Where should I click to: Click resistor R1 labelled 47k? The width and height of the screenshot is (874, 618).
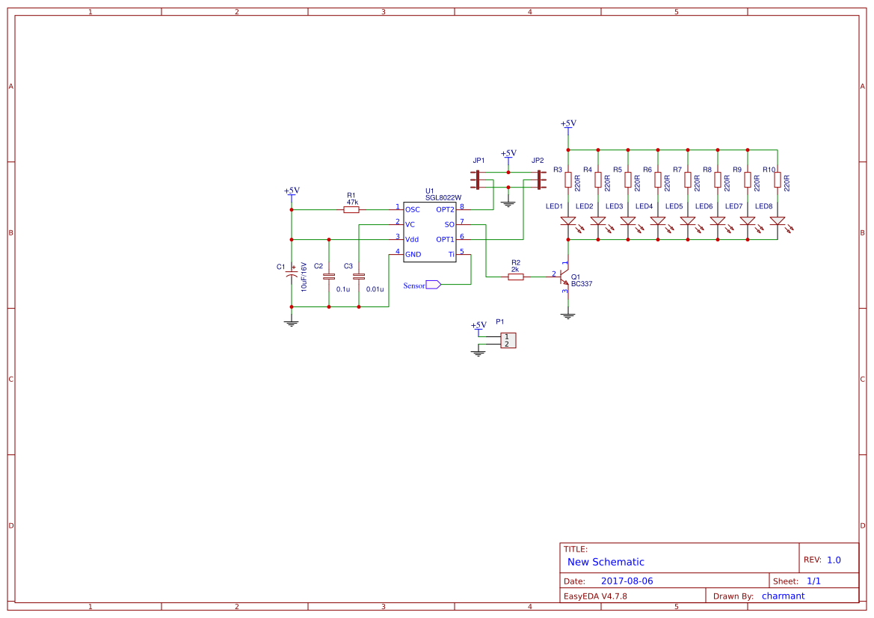click(351, 210)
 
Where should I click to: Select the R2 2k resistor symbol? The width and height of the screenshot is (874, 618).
click(516, 276)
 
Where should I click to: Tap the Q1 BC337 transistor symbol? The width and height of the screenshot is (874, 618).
click(564, 276)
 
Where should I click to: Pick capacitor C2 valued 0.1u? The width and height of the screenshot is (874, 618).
click(329, 276)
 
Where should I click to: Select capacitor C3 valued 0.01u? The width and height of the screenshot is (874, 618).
click(359, 276)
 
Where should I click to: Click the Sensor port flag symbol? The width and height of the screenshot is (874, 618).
click(433, 285)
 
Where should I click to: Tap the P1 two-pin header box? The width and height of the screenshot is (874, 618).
click(508, 340)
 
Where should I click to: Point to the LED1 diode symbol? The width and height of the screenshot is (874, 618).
click(568, 221)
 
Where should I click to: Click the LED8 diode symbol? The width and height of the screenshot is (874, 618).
click(778, 221)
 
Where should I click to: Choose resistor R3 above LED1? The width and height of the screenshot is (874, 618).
click(568, 180)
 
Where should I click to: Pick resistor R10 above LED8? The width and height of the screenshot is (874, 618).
click(778, 180)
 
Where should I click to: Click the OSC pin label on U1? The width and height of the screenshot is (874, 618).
click(413, 210)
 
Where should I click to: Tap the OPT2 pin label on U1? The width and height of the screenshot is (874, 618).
click(445, 210)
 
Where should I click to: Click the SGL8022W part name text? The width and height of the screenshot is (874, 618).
click(443, 197)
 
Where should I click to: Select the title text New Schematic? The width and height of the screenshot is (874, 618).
click(606, 562)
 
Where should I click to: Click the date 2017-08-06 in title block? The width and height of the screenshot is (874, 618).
click(627, 581)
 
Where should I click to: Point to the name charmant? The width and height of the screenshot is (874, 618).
click(783, 596)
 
